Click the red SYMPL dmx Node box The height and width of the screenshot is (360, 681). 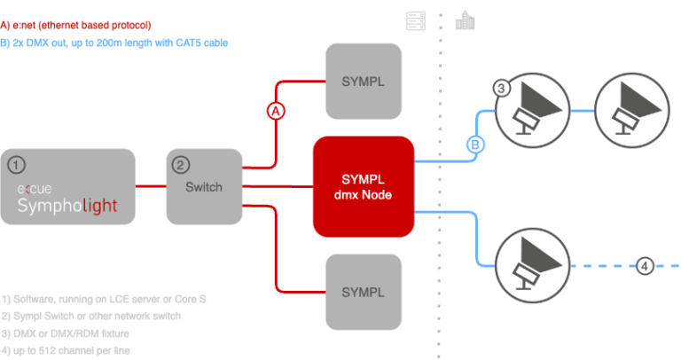tap(364, 187)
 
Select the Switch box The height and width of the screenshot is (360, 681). tap(204, 186)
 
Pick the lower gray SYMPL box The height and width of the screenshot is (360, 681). tap(363, 292)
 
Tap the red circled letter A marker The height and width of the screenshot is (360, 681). tap(276, 112)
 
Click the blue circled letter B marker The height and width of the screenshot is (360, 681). tap(475, 144)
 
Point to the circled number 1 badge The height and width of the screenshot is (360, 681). tap(20, 164)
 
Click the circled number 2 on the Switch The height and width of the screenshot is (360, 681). tap(180, 164)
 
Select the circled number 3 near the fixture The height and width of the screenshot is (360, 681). tap(501, 88)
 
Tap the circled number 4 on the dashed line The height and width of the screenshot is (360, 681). tap(646, 264)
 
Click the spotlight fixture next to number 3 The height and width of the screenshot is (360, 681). tap(532, 110)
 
